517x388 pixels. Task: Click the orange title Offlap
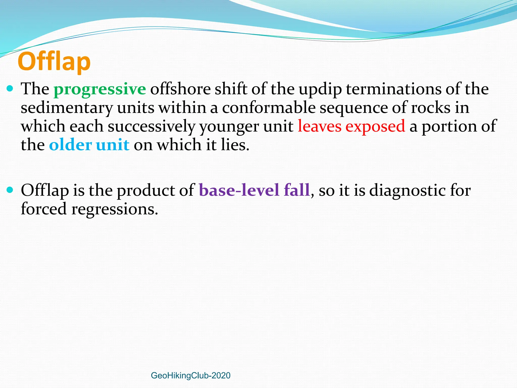tap(54, 61)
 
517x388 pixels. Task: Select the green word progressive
tap(100, 89)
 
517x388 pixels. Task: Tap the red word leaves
tap(319, 126)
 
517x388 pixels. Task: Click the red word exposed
tap(375, 127)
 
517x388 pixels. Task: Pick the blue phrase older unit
tap(89, 145)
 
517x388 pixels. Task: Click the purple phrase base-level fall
tap(254, 190)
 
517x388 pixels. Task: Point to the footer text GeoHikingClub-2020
tap(191, 375)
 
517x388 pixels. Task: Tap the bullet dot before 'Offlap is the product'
tap(10, 190)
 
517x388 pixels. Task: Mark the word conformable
tap(269, 108)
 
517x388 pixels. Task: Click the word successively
tap(151, 127)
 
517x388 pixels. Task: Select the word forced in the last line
tap(44, 209)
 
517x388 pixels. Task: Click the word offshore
tap(180, 89)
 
